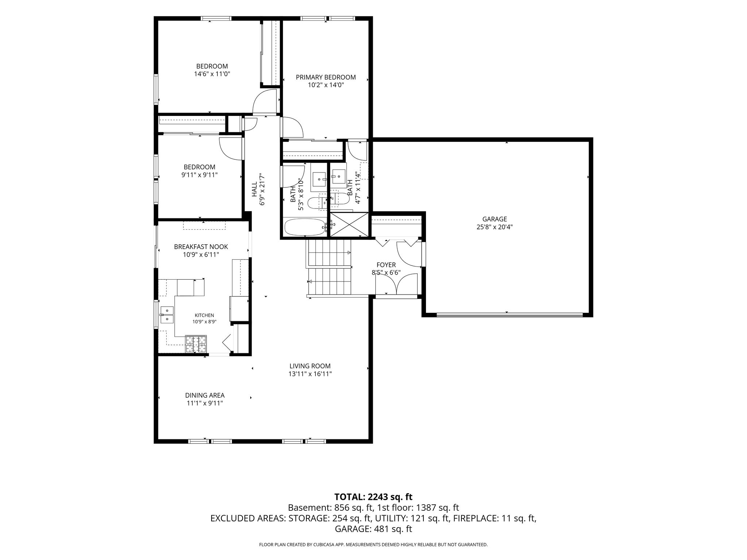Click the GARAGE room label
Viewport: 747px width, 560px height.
click(495, 219)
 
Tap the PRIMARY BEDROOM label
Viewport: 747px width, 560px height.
click(326, 77)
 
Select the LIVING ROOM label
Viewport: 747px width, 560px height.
click(310, 366)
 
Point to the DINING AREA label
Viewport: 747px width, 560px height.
click(205, 395)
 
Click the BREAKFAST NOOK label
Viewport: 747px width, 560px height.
click(201, 247)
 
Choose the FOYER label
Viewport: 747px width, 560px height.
click(386, 265)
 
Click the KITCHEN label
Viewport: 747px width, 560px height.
click(204, 315)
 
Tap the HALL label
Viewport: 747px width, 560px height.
click(254, 190)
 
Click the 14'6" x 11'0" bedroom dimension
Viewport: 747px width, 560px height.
click(212, 74)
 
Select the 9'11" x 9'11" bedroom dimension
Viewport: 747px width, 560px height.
click(200, 175)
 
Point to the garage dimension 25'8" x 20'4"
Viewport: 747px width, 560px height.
click(495, 227)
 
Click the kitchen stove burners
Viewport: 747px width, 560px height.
click(196, 344)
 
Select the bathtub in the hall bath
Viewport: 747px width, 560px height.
click(305, 227)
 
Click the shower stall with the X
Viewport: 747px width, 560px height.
click(349, 225)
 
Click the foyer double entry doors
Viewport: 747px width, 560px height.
click(396, 284)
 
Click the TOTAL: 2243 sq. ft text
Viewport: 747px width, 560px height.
click(373, 497)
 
